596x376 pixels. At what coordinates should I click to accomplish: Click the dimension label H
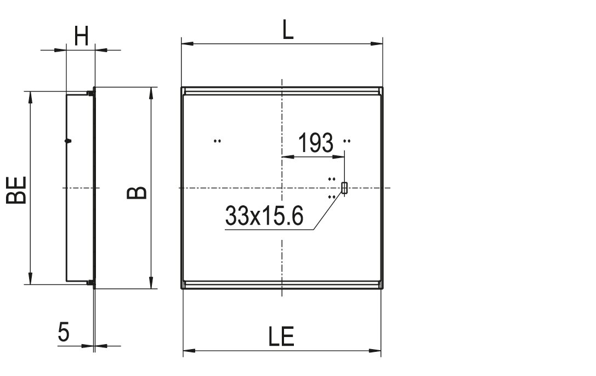pyautogui.click(x=81, y=36)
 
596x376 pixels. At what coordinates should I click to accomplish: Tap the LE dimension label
pyautogui.click(x=282, y=336)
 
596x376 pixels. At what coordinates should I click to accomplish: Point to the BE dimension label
pyautogui.click(x=16, y=190)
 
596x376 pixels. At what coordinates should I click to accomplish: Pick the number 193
pyautogui.click(x=316, y=143)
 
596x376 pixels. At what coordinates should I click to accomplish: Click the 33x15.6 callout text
pyautogui.click(x=264, y=215)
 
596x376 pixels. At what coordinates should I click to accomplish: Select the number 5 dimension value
pyautogui.click(x=64, y=332)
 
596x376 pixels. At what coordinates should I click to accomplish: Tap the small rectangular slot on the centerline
pyautogui.click(x=344, y=188)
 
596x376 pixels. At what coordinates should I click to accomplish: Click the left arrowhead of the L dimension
pyautogui.click(x=188, y=44)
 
